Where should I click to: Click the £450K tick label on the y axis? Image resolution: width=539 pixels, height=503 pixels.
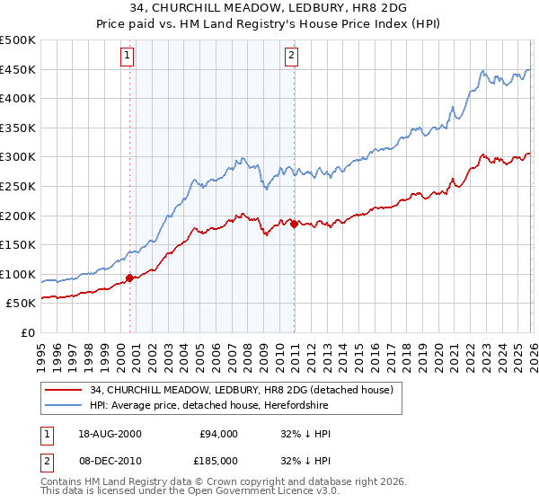click(x=18, y=70)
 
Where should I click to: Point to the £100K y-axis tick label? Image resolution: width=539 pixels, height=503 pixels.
click(x=18, y=275)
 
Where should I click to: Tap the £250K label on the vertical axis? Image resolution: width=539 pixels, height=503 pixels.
click(x=18, y=187)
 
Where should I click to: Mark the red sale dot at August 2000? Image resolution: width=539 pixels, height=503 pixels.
click(x=130, y=278)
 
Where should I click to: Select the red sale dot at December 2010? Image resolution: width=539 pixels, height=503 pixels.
click(x=294, y=224)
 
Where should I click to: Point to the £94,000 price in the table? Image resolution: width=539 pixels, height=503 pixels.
click(x=217, y=434)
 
